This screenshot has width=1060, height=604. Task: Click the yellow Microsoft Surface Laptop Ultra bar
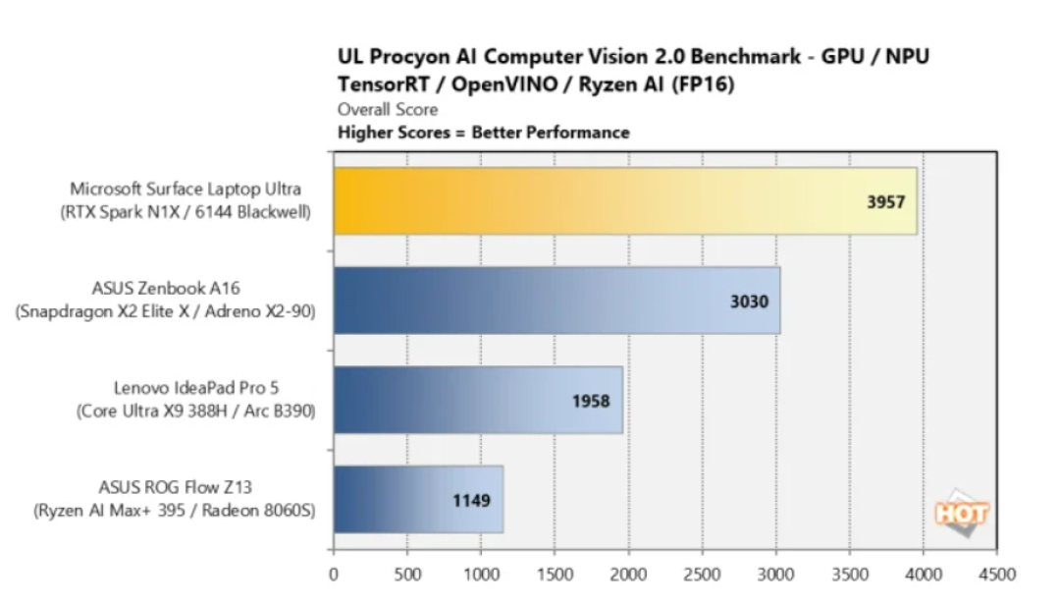(x=625, y=201)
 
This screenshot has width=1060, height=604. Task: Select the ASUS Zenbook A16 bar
(x=557, y=301)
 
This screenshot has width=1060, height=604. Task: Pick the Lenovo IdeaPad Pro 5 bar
(x=478, y=400)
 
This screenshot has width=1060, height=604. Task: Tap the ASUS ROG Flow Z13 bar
(x=418, y=499)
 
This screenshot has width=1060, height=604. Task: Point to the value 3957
(x=885, y=201)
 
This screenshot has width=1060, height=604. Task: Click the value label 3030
(x=749, y=301)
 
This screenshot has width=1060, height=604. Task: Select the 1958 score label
(x=591, y=401)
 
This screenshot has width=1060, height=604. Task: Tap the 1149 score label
(x=471, y=501)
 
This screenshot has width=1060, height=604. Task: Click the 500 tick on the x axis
(x=407, y=575)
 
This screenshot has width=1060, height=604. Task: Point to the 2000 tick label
(x=629, y=575)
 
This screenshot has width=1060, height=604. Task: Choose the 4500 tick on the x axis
(x=998, y=575)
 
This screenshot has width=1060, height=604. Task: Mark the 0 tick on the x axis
(x=334, y=575)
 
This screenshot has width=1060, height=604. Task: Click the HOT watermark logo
(x=961, y=514)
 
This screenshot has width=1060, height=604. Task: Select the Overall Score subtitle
(x=388, y=110)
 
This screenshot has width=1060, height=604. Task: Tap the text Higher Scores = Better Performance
(x=483, y=133)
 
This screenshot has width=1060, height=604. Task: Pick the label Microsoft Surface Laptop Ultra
(x=185, y=189)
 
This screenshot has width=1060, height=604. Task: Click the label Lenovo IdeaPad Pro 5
(x=196, y=388)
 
